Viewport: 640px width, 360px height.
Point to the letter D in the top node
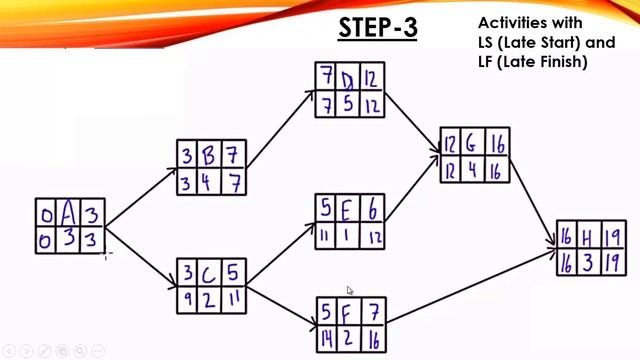348,78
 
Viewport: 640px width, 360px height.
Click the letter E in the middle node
348,209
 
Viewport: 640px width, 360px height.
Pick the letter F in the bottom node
348,310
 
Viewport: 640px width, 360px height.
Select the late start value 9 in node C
188,297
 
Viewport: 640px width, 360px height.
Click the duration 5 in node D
348,104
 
